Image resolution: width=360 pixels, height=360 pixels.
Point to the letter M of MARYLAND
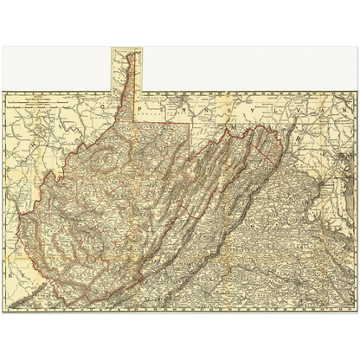click(x=234, y=126)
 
